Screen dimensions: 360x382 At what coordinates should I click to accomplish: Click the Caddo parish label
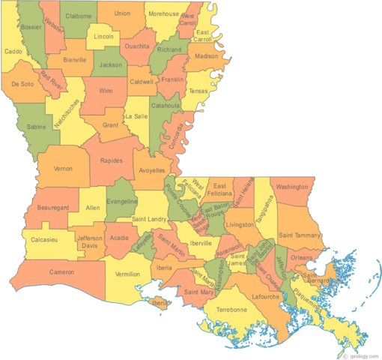tap(13, 52)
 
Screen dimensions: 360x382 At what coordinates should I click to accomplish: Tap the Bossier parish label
tap(32, 27)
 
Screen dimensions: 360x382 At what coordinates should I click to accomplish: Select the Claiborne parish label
tap(78, 15)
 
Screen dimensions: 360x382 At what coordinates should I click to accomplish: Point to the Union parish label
tap(122, 13)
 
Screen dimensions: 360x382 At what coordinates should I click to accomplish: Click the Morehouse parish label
tap(163, 14)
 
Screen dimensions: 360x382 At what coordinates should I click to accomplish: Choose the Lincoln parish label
tap(104, 37)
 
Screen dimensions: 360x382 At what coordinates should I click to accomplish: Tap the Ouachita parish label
tap(137, 46)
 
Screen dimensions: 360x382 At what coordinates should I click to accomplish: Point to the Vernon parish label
tap(64, 169)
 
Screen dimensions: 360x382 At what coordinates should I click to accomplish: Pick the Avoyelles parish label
tap(152, 171)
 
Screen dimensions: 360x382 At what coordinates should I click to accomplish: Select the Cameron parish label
tap(62, 271)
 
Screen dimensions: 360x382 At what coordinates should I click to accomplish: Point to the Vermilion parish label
tap(127, 274)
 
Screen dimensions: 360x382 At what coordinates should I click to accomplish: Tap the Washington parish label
tap(292, 187)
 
